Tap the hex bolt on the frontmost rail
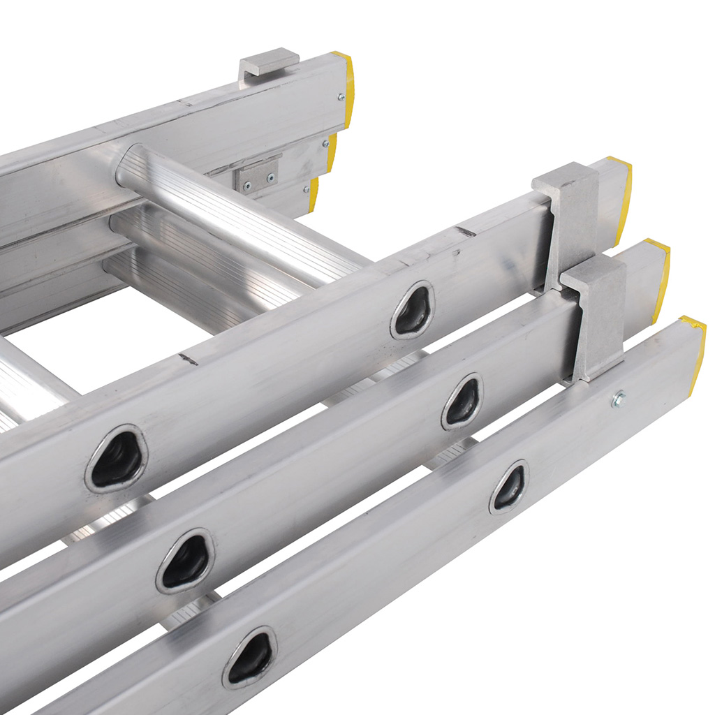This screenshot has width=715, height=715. point(617,399)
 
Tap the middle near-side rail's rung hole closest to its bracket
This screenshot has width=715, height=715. point(462,401)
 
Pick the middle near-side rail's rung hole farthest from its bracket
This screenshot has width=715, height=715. point(185,561)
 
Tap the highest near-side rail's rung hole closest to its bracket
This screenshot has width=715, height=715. point(413,310)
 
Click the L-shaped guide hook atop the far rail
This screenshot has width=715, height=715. point(268,63)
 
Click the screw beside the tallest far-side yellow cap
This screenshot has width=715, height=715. point(341,98)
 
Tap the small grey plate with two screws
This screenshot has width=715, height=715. point(256,174)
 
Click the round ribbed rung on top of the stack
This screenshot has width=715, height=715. point(237,209)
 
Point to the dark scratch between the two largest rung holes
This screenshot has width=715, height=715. point(187,359)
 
